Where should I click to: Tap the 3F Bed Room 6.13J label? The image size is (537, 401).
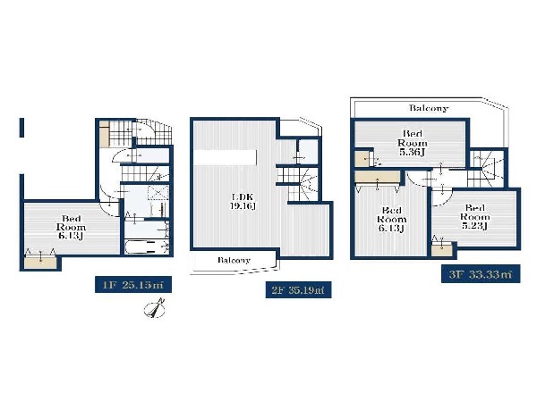click(390, 219)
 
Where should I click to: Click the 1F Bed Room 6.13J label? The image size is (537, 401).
click(69, 226)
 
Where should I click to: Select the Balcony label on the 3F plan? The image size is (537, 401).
click(428, 109)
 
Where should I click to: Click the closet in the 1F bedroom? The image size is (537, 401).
click(39, 260)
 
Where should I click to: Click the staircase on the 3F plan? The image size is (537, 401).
click(488, 169)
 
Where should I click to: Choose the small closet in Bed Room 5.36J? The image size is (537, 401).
click(362, 160)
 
